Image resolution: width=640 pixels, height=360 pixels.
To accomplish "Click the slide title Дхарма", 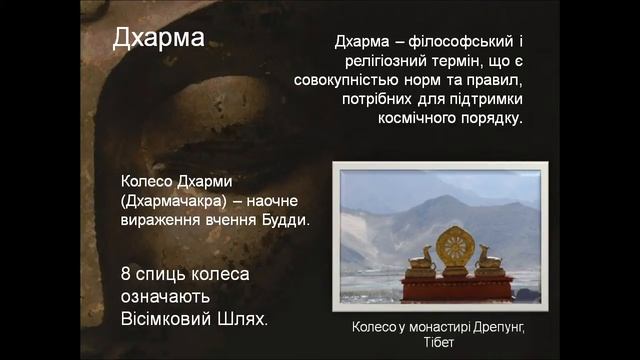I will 159,39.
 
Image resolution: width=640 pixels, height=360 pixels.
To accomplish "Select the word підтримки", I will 480,101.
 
